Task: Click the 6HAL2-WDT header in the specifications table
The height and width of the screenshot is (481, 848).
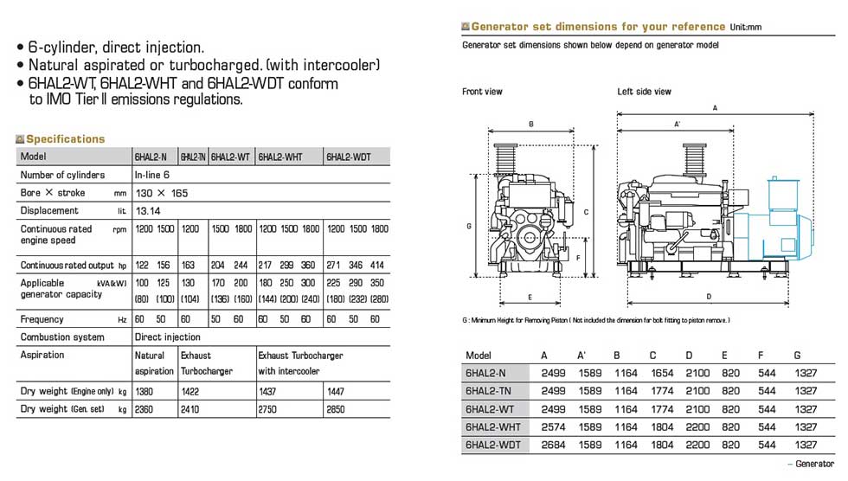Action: point(348,157)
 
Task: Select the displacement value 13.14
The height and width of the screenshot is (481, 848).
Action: point(148,211)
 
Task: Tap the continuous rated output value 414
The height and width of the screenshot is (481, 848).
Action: point(377,265)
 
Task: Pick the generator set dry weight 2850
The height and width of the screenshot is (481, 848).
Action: point(336,409)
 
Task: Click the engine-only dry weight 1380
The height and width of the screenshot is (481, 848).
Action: point(144,391)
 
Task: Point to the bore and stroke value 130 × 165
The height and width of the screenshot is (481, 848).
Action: point(161,193)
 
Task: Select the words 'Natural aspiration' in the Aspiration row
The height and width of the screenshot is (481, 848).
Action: point(154,363)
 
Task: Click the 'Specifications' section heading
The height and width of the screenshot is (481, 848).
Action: point(66,139)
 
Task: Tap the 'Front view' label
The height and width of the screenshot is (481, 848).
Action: point(482,92)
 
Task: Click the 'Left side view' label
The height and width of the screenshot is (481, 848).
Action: point(644,92)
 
